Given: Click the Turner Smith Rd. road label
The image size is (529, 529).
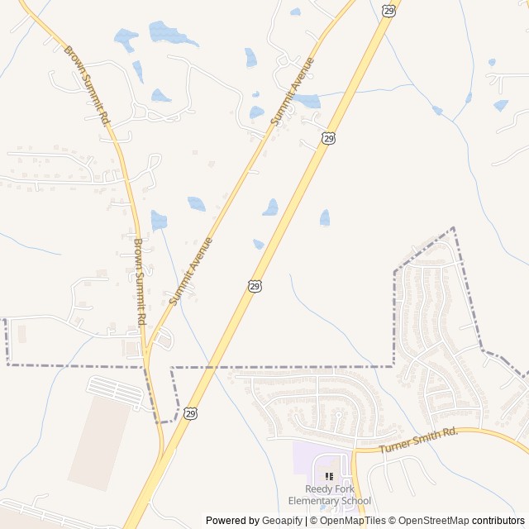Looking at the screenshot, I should pos(418,441).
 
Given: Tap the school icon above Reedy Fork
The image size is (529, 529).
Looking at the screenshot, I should pos(329,477).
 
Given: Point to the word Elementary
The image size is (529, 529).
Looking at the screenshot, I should pos(313,501).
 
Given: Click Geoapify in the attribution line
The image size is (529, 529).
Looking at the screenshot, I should pos(283,521).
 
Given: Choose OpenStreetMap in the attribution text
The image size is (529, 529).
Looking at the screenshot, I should pos(431,521).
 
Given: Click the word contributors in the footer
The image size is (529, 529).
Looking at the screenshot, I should pos(498,521).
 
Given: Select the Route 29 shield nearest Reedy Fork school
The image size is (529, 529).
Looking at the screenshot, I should pos(191,412).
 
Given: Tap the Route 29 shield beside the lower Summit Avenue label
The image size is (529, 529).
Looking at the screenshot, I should pos(255,285).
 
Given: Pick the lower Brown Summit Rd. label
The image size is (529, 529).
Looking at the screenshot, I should pos(140,281).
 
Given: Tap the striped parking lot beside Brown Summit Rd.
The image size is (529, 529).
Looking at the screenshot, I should pos(115,392).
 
